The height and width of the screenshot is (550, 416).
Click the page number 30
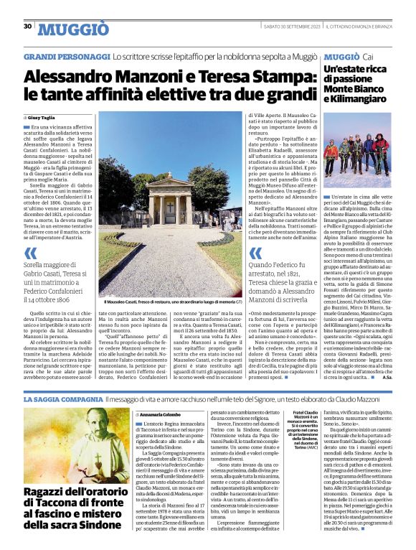click(x=27, y=27)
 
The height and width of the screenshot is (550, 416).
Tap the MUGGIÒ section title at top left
click(x=73, y=29)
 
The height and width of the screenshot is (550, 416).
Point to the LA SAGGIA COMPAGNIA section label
click(x=63, y=398)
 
